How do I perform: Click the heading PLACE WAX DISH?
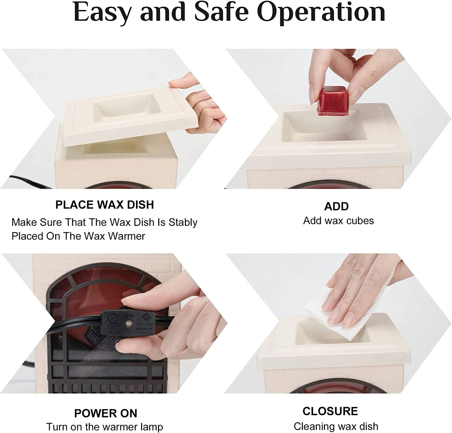point(105,205)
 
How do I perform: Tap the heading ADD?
point(336,207)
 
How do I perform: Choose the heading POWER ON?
point(105,413)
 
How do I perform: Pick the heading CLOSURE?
point(330,411)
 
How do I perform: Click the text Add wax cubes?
point(338,221)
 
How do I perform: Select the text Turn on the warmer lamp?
point(105,427)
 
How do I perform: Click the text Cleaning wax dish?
point(336,426)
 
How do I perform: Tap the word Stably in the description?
point(183,223)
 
